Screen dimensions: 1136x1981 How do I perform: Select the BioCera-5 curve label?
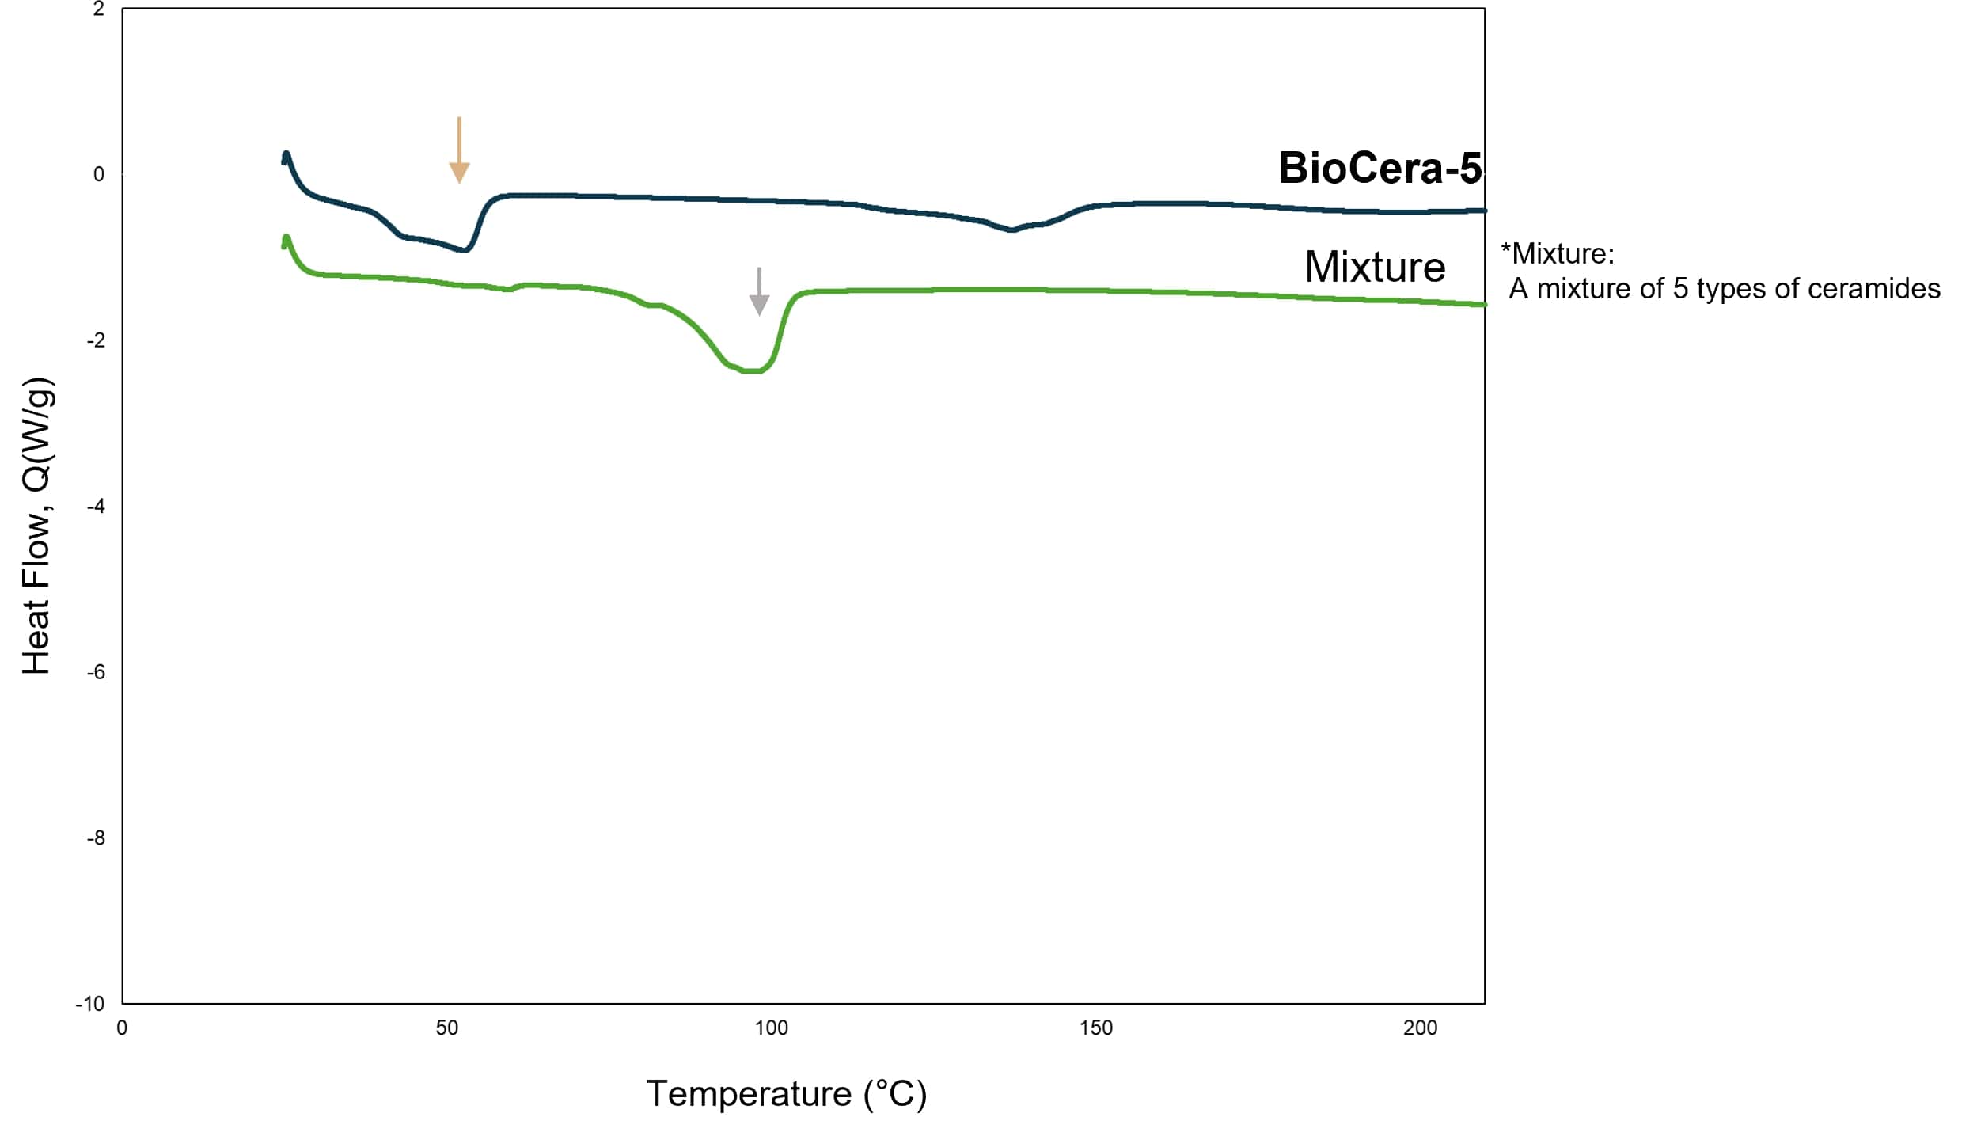pyautogui.click(x=1379, y=168)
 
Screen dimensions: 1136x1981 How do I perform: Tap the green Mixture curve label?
pyautogui.click(x=1375, y=267)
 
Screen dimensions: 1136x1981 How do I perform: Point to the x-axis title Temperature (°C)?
pyautogui.click(x=786, y=1093)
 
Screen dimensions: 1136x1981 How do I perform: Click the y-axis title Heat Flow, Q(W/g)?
pyautogui.click(x=36, y=526)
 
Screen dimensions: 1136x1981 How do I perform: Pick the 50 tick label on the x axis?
pyautogui.click(x=447, y=1028)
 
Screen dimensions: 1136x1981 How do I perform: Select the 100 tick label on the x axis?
pyautogui.click(x=771, y=1028)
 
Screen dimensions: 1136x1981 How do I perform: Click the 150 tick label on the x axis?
pyautogui.click(x=1096, y=1028)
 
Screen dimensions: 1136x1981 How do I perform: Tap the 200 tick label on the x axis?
pyautogui.click(x=1420, y=1028)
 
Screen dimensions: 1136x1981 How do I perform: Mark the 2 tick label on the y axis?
pyautogui.click(x=98, y=9)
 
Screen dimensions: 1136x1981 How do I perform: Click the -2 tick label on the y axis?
pyautogui.click(x=96, y=340)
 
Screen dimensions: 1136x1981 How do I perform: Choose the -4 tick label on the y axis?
pyautogui.click(x=96, y=507)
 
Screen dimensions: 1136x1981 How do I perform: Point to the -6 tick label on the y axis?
pyautogui.click(x=96, y=672)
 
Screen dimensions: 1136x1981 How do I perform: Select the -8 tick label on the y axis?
pyautogui.click(x=96, y=838)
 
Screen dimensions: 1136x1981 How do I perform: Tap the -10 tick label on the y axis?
pyautogui.click(x=90, y=1004)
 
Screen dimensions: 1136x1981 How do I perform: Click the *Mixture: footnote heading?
pyautogui.click(x=1557, y=254)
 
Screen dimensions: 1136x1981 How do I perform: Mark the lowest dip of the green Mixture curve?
pyautogui.click(x=751, y=370)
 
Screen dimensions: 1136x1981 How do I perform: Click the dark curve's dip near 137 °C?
pyautogui.click(x=1011, y=230)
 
